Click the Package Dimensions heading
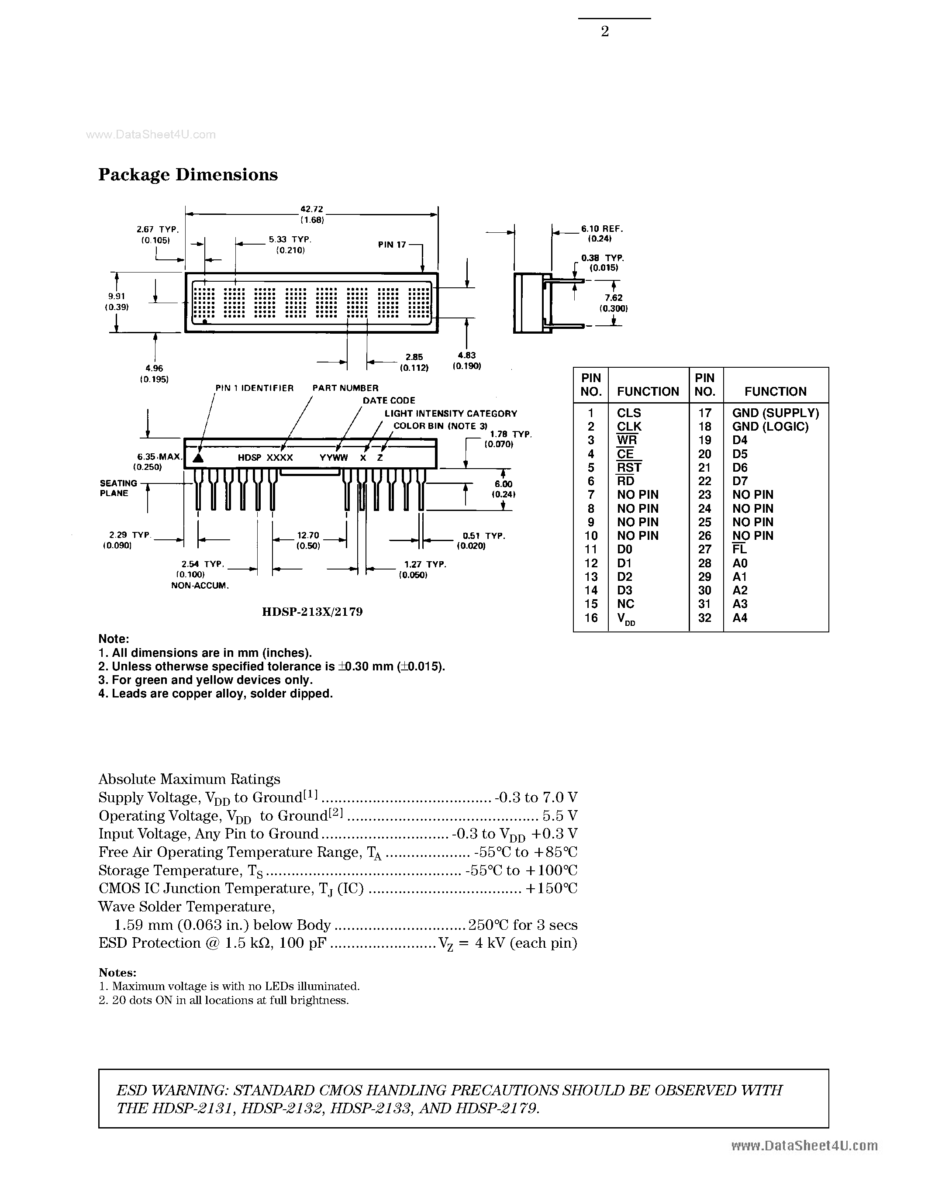(188, 175)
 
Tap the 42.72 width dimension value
(311, 209)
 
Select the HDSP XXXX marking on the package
(265, 458)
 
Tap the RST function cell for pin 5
(629, 467)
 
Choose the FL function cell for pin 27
(739, 549)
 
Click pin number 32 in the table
(704, 618)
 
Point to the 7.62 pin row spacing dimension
(613, 298)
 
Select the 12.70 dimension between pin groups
(308, 535)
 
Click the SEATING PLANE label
(118, 488)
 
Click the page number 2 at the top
(605, 32)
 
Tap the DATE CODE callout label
(389, 400)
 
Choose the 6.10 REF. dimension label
(601, 229)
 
